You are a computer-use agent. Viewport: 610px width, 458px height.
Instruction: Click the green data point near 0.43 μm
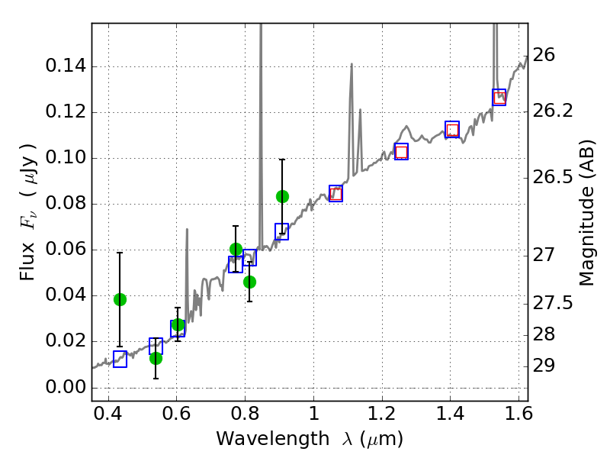[x=120, y=299]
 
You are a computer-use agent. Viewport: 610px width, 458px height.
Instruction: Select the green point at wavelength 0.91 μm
[x=282, y=196]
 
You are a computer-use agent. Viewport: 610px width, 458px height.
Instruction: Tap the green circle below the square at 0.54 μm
[x=156, y=358]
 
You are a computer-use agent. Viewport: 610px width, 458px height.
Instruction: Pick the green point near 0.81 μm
[x=249, y=282]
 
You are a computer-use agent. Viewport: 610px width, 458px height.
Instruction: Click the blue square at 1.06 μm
[x=335, y=193]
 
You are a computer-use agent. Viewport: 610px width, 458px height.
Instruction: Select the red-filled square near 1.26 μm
[x=401, y=151]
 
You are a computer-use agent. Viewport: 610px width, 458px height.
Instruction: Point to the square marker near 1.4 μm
[x=452, y=130]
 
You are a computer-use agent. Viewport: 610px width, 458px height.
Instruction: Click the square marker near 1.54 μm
[x=499, y=97]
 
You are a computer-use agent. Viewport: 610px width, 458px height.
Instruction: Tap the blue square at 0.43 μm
[x=120, y=359]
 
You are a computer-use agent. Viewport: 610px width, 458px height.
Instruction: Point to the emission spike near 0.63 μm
[x=187, y=229]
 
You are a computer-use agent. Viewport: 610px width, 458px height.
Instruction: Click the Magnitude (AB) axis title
[x=586, y=212]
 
